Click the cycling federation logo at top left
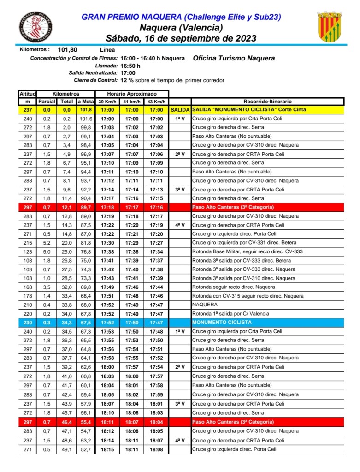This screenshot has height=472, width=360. (35, 27)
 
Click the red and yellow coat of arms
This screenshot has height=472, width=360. (329, 26)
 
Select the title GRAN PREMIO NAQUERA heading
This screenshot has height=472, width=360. (181, 17)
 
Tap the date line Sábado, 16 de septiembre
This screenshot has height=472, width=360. (181, 38)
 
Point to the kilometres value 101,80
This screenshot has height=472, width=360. (67, 49)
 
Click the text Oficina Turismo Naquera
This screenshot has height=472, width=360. (234, 58)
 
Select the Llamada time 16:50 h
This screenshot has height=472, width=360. (130, 66)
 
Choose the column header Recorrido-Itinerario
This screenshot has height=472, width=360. (267, 102)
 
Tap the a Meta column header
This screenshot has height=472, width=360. (85, 102)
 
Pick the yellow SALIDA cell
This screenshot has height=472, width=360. (180, 110)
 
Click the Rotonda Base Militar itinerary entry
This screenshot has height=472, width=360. (247, 251)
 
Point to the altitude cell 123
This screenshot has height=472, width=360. (28, 251)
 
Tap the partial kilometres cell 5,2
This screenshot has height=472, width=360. (47, 243)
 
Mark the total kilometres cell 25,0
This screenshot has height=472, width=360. (67, 251)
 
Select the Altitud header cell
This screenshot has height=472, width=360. (28, 94)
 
